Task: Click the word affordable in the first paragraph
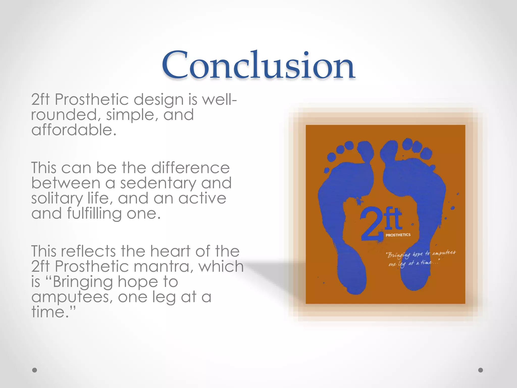pyautogui.click(x=74, y=130)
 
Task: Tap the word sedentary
pyautogui.click(x=158, y=183)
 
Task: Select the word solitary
pyautogui.click(x=57, y=199)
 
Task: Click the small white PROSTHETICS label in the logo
pyautogui.click(x=398, y=235)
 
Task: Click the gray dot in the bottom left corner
pyautogui.click(x=35, y=370)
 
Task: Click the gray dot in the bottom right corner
pyautogui.click(x=481, y=370)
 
